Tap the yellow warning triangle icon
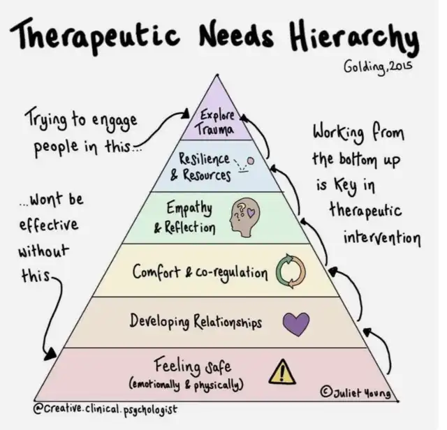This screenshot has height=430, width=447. (283, 371)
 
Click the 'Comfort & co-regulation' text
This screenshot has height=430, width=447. (200, 272)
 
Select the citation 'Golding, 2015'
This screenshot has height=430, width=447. (377, 68)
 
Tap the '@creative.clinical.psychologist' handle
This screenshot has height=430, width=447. (104, 406)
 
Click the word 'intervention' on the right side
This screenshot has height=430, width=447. (381, 238)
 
